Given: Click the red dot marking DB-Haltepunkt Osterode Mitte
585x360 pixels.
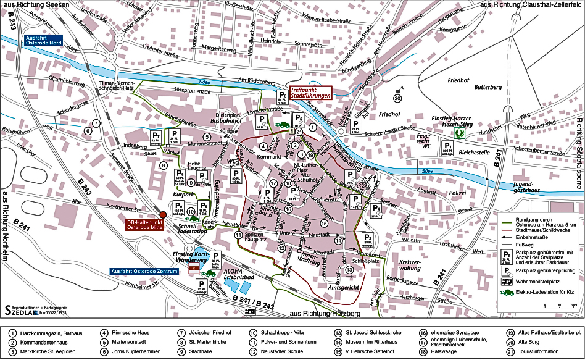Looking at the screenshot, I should (163, 214).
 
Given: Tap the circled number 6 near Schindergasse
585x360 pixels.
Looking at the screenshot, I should (88, 130).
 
